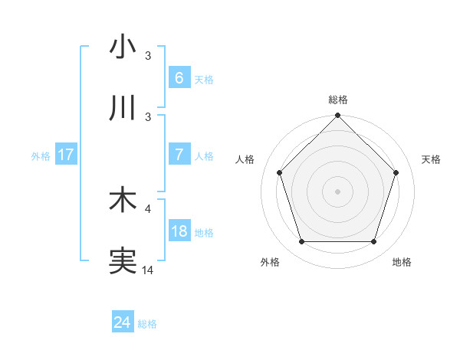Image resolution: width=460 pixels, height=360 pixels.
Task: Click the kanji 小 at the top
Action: (x=123, y=47)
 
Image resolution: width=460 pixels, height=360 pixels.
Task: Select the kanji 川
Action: (x=123, y=109)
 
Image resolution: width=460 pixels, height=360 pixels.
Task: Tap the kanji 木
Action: (x=123, y=200)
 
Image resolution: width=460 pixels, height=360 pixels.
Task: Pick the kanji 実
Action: (x=123, y=261)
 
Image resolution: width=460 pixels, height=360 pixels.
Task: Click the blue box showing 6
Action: (x=179, y=78)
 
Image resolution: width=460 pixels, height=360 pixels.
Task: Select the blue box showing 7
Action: (x=179, y=155)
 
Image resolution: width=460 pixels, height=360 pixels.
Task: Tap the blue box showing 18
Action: (x=179, y=231)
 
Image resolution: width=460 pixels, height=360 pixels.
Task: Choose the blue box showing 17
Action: (x=66, y=155)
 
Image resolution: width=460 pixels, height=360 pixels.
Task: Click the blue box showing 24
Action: (x=122, y=323)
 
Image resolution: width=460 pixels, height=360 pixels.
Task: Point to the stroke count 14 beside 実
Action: (x=148, y=270)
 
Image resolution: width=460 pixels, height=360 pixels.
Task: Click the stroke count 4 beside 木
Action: (x=149, y=208)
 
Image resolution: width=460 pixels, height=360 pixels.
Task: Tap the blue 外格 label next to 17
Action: (x=41, y=155)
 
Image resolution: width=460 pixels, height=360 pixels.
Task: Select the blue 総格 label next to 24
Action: (x=147, y=324)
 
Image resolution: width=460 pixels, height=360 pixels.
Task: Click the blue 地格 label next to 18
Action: (x=204, y=232)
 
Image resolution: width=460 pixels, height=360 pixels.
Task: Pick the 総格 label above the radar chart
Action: (x=337, y=100)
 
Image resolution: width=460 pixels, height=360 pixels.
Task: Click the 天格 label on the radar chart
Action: (x=431, y=159)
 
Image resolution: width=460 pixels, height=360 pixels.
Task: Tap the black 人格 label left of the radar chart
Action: (x=245, y=159)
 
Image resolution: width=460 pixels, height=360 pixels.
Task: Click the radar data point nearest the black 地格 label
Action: (x=374, y=242)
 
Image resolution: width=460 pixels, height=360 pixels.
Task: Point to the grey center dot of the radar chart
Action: (x=337, y=191)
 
